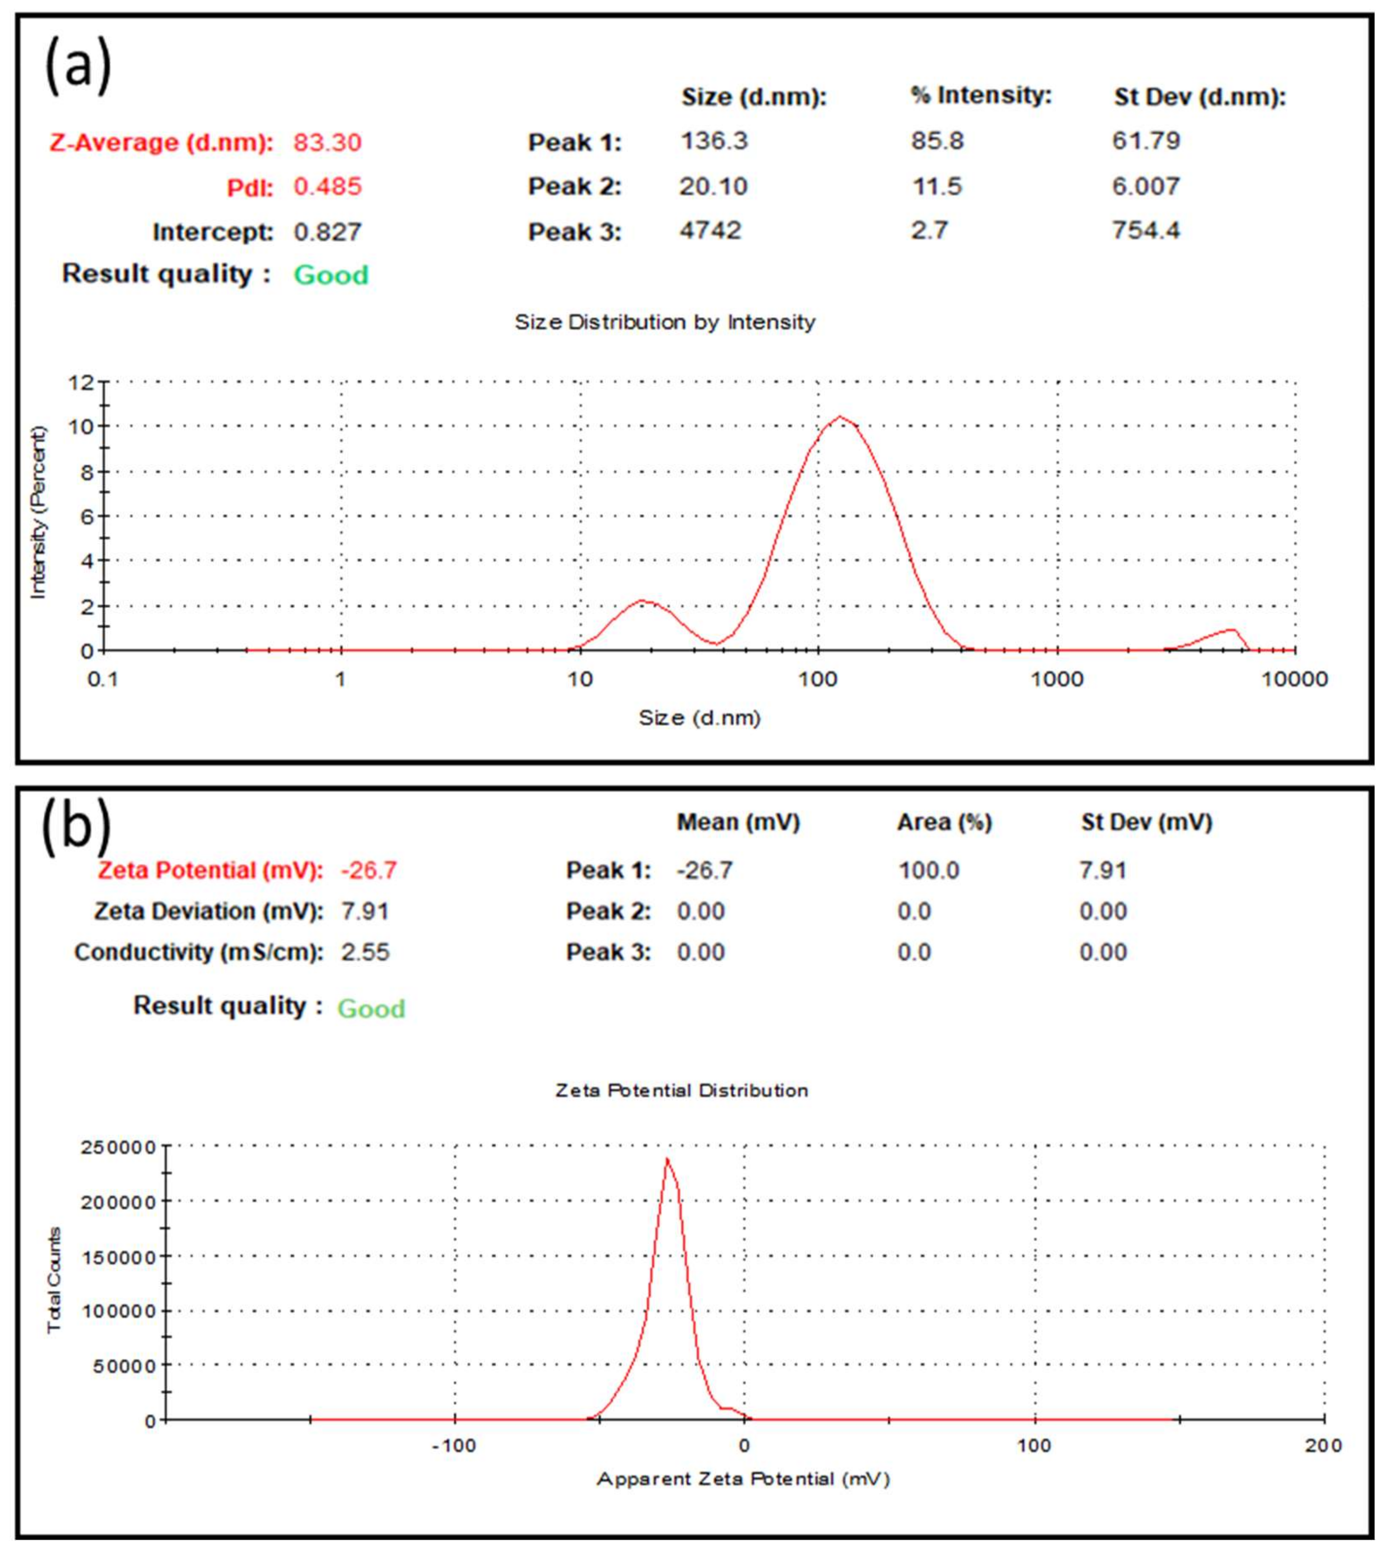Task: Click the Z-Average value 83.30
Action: click(328, 143)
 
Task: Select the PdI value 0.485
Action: click(328, 187)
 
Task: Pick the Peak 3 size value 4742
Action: click(710, 230)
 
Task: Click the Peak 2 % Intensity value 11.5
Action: click(937, 186)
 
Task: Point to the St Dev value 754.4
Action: click(1145, 230)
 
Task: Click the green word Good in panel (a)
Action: click(331, 275)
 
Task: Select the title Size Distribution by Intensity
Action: click(665, 322)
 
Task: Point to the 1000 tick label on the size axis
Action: click(1057, 679)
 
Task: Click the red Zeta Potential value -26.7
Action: click(369, 870)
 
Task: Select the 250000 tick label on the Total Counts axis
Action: click(118, 1147)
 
